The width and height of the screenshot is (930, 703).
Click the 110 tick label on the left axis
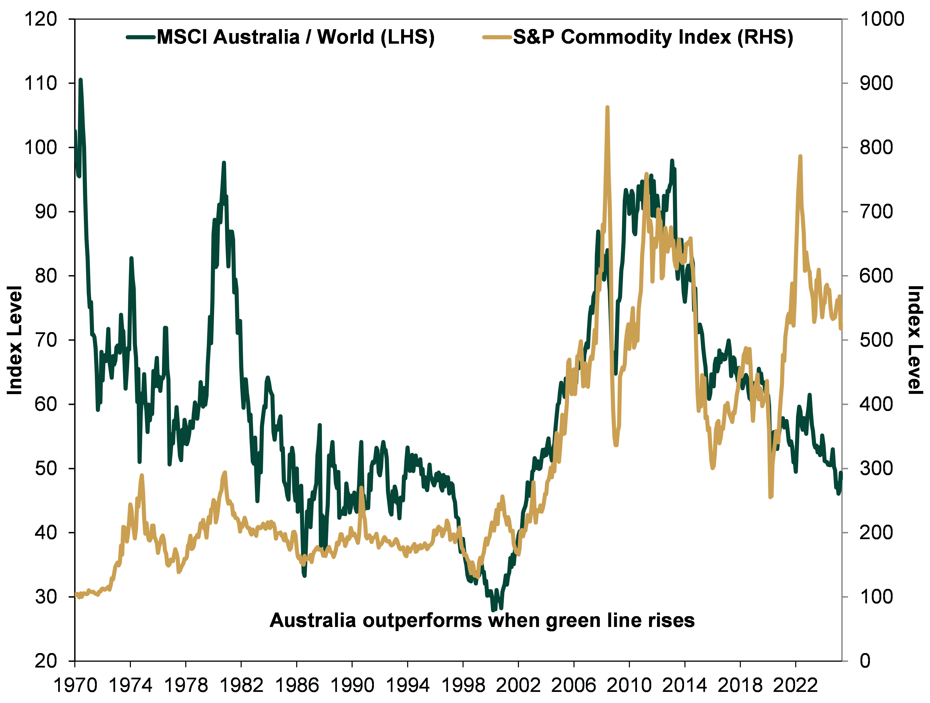coord(41,83)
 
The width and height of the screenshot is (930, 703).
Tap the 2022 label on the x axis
coord(796,686)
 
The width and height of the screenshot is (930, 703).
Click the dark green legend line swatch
coord(141,37)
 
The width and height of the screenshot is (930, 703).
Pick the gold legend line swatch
coord(497,37)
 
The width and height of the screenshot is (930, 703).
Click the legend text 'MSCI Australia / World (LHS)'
coord(296,37)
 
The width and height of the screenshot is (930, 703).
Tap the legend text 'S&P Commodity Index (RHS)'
coord(653,37)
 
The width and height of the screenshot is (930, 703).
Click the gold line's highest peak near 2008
coord(607,108)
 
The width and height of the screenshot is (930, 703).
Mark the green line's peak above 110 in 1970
coord(80,79)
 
